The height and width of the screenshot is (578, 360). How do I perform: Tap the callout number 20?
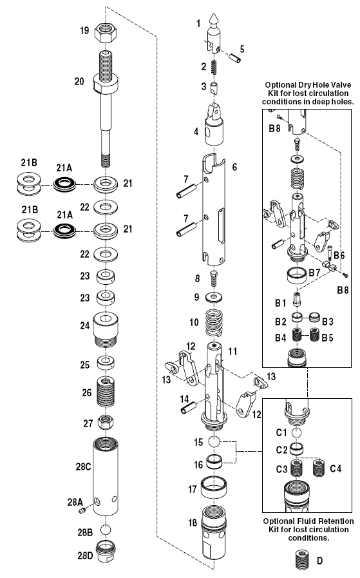[x=80, y=81]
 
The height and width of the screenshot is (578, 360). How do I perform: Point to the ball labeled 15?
[x=214, y=442]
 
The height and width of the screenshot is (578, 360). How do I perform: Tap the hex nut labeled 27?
[x=106, y=423]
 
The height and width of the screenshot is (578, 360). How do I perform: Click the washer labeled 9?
[x=213, y=298]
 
